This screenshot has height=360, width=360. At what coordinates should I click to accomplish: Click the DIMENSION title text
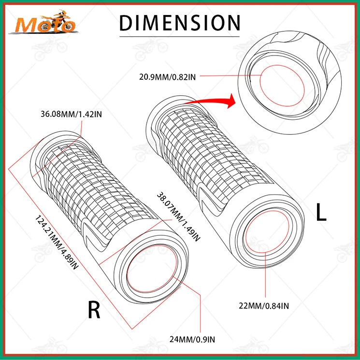179,23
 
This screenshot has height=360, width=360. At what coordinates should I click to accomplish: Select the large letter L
321,213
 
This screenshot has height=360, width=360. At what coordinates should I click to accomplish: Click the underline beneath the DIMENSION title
179,35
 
